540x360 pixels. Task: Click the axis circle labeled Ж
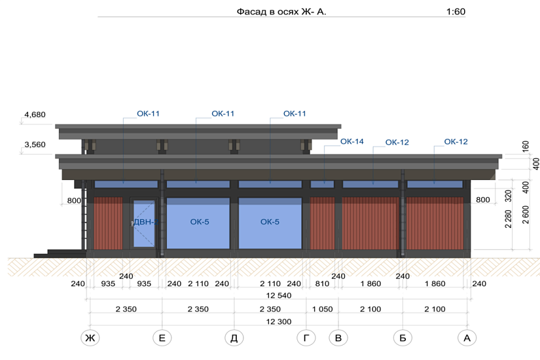[89, 338]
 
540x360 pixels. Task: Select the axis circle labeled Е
[162, 338]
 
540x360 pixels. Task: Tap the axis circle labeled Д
[234, 338]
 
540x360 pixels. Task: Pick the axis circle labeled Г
[306, 338]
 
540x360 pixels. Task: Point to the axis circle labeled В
[338, 338]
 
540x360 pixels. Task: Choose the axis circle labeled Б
[403, 338]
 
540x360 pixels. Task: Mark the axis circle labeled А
[467, 338]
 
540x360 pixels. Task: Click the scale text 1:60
[455, 12]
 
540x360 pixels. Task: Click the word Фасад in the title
[249, 12]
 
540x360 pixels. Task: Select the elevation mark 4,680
[35, 115]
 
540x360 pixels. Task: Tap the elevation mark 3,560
[35, 145]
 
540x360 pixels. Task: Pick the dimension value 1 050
[322, 309]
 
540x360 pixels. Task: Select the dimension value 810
[322, 283]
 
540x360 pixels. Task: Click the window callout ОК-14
[351, 141]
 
